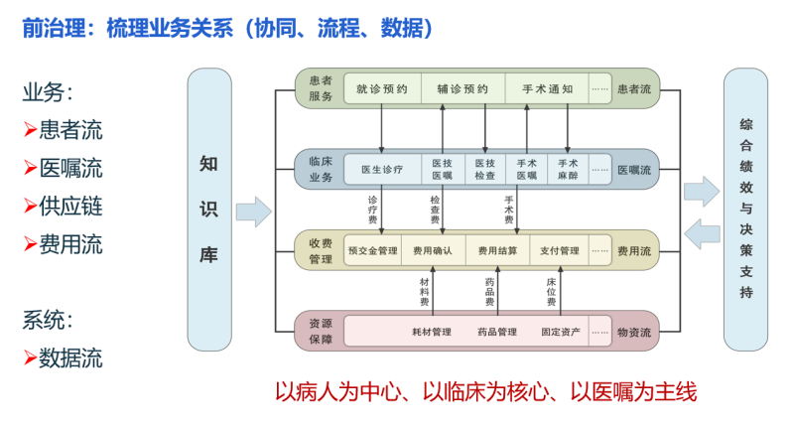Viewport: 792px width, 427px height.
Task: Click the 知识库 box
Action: coord(208,210)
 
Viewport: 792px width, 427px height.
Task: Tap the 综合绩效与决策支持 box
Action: coord(745,210)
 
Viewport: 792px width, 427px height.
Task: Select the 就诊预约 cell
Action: coord(382,89)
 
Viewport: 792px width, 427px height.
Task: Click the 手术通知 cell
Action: coord(547,89)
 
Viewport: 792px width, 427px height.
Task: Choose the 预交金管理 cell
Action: coord(372,250)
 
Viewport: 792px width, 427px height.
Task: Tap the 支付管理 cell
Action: coord(559,250)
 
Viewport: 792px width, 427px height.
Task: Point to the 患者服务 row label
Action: coord(321,89)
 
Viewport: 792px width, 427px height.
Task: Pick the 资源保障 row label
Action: coord(321,332)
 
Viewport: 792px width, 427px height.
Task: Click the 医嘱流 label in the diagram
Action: coord(634,170)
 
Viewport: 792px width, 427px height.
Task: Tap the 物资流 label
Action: coord(634,332)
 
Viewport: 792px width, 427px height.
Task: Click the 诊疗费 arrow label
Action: coord(372,207)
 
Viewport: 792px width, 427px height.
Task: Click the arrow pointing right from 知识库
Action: coord(253,211)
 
